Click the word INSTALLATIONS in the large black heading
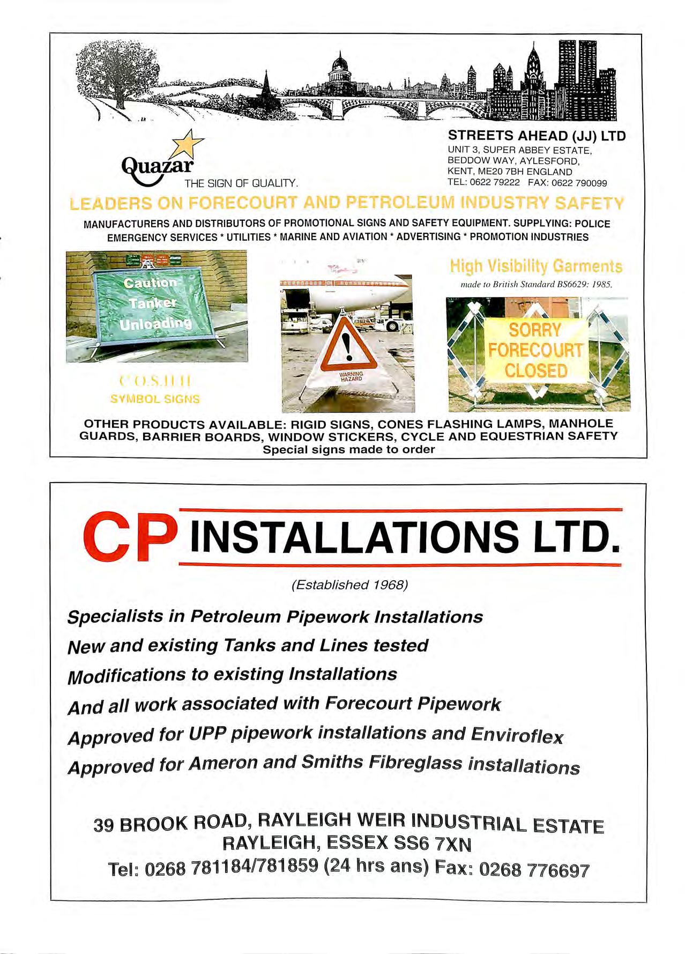(x=354, y=537)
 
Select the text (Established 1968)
(x=349, y=585)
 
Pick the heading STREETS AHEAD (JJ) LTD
(x=537, y=136)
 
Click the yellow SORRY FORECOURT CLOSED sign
(x=535, y=350)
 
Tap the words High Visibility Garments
(x=536, y=266)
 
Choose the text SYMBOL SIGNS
(x=155, y=399)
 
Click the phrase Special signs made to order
(x=348, y=449)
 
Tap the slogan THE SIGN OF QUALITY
(x=241, y=183)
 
